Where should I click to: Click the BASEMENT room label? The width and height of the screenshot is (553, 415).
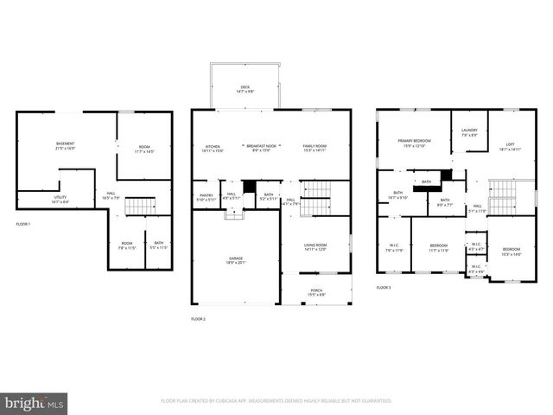(66, 144)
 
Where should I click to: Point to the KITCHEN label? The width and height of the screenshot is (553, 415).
(213, 148)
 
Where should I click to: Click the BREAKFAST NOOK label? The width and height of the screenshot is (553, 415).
(261, 148)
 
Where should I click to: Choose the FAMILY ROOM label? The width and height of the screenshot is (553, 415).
(314, 148)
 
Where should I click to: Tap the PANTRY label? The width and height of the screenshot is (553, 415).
(207, 195)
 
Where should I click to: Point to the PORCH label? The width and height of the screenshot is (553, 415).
(315, 292)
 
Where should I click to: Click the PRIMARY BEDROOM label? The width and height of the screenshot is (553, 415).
(415, 142)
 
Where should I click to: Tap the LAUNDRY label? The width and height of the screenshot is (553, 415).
(469, 132)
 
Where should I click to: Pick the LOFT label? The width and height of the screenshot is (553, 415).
(510, 145)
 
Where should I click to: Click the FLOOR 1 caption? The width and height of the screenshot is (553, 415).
(23, 225)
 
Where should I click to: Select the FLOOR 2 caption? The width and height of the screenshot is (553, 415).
(199, 319)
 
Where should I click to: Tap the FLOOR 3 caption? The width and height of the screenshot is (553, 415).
(384, 287)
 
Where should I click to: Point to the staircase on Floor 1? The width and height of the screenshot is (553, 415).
(138, 207)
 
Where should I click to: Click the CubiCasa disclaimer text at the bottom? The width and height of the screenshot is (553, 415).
(276, 401)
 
